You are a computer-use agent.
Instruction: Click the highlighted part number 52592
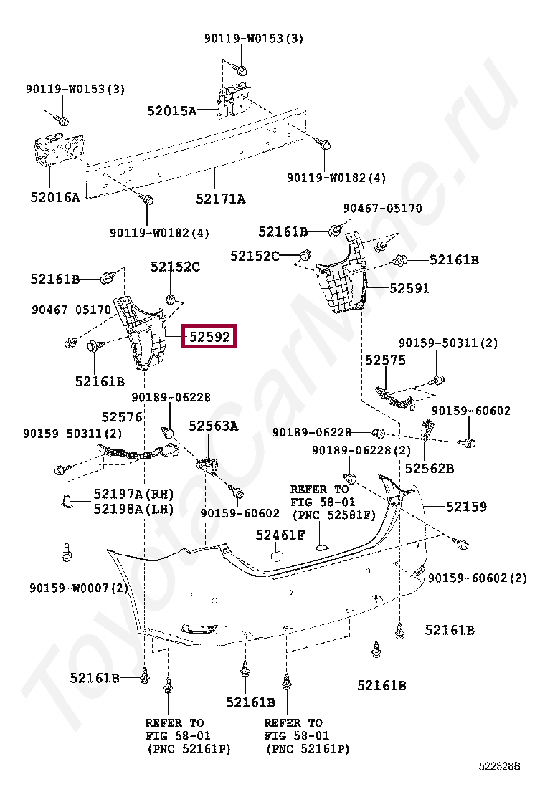click(x=210, y=336)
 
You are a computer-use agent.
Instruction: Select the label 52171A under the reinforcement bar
click(x=220, y=199)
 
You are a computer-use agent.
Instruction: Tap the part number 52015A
click(x=171, y=110)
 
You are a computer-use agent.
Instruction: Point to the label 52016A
click(x=55, y=196)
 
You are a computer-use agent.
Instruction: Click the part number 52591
click(x=409, y=288)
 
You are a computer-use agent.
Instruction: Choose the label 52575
click(x=385, y=360)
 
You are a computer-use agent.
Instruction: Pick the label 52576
click(x=121, y=417)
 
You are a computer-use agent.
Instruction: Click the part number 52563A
click(x=213, y=426)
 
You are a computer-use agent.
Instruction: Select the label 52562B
click(x=429, y=468)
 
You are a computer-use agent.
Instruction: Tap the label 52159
click(x=466, y=506)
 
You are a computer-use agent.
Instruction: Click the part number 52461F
click(x=280, y=534)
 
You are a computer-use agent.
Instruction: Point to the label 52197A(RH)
click(x=134, y=494)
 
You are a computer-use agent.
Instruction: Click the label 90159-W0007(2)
click(x=78, y=588)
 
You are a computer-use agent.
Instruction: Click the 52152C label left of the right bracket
click(x=255, y=255)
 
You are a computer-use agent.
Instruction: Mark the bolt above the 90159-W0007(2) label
click(x=66, y=554)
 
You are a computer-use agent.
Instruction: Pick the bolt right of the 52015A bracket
click(x=323, y=145)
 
